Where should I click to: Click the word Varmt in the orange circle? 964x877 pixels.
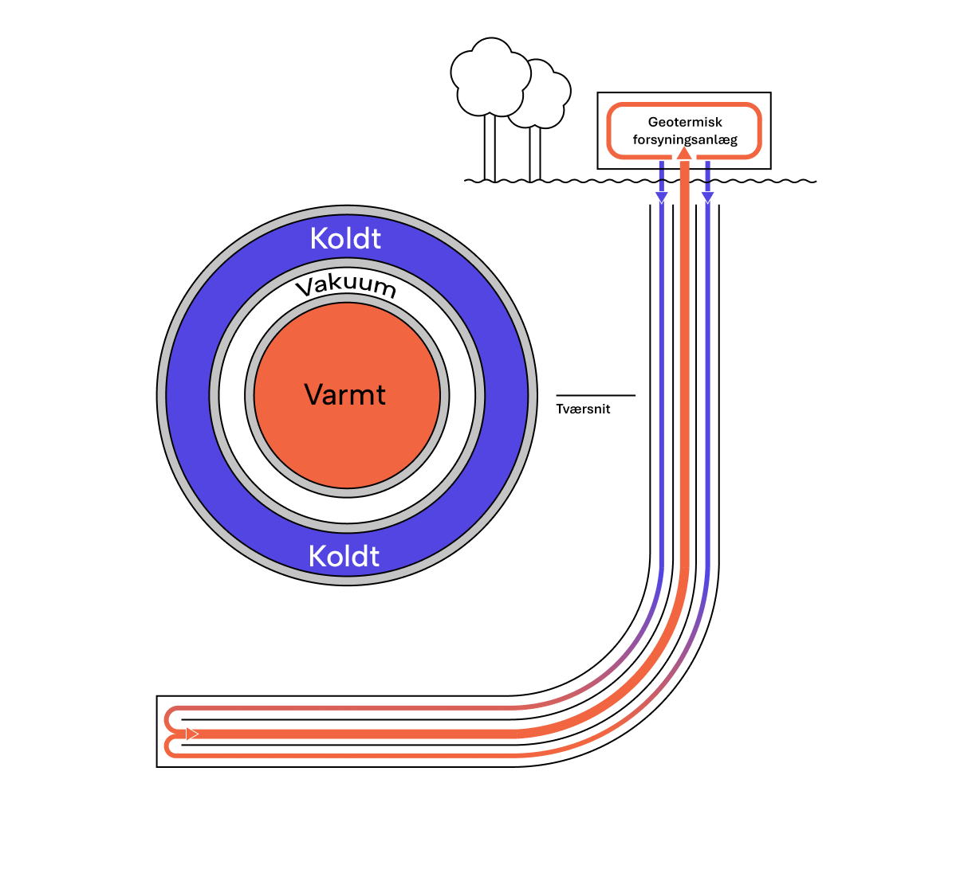coord(345,395)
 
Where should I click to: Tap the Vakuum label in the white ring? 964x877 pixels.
coord(346,286)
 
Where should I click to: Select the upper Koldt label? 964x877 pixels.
coord(345,239)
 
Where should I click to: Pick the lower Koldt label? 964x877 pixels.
coord(344,556)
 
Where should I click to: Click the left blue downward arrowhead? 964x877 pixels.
coord(662,197)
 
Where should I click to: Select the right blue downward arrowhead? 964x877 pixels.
coord(707,197)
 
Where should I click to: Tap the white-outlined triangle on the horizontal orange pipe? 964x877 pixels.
coord(191,734)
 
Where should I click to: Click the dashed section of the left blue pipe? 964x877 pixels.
coord(662,175)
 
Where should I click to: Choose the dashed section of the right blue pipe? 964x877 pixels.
coord(707,175)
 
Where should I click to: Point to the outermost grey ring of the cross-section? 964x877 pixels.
coord(162,395)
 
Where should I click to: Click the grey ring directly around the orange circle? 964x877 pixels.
coord(250,395)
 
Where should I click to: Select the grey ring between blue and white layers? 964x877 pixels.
coord(214,395)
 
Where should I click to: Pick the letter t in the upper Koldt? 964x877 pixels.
coord(376,239)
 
